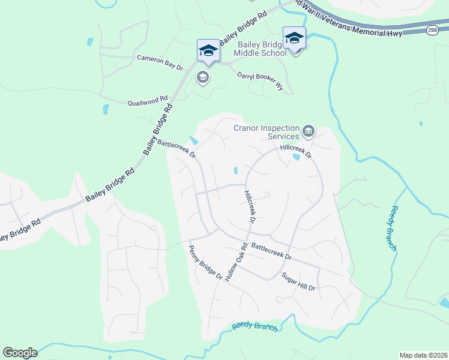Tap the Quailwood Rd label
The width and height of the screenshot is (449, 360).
(148, 102)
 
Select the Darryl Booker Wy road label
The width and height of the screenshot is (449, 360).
(260, 81)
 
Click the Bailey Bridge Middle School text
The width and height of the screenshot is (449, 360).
(262, 49)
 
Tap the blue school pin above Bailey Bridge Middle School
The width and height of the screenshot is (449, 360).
(294, 38)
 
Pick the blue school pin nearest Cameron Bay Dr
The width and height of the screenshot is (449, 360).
(208, 50)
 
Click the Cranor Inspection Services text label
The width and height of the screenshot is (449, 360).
(266, 132)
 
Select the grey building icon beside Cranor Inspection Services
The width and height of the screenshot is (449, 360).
(309, 130)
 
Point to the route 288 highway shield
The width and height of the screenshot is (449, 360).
(432, 29)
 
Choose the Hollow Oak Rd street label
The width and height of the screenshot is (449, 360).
(237, 263)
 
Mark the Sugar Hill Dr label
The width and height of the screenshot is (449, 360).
(298, 281)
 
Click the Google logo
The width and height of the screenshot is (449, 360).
(20, 353)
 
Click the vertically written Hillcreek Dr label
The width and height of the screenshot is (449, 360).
(250, 208)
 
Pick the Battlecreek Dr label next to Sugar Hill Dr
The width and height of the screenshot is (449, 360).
(271, 251)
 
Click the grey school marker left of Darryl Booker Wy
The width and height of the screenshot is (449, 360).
(203, 77)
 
